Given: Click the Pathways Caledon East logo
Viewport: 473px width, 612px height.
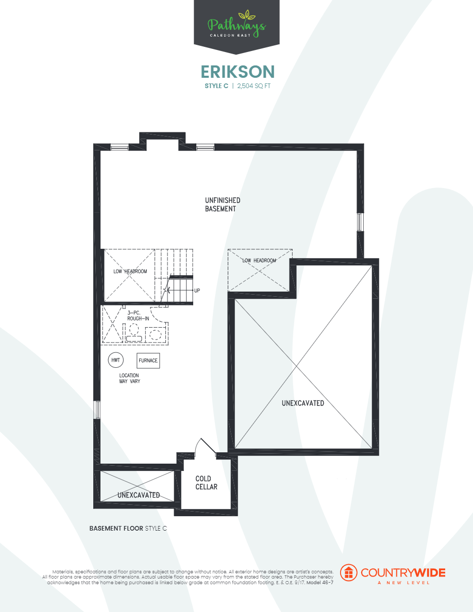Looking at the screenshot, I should [236, 25].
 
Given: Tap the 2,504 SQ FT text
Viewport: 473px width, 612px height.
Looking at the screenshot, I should [254, 86].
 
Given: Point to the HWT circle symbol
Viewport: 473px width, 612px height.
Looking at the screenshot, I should [115, 360].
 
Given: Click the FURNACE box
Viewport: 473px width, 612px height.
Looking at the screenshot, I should [148, 361].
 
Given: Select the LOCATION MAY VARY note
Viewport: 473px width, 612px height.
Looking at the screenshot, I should [129, 378].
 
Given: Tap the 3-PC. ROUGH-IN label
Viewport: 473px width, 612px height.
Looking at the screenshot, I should [138, 315].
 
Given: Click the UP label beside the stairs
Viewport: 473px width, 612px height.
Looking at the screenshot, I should [197, 291].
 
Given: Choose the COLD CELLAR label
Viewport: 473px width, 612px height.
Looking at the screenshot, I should [206, 483].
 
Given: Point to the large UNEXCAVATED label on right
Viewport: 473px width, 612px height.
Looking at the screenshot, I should [303, 403].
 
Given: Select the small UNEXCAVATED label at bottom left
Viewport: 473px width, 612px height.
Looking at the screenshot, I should [138, 495].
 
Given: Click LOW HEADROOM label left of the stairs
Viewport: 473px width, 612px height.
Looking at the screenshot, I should [130, 271].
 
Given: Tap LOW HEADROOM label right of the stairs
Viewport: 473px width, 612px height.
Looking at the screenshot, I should [259, 261].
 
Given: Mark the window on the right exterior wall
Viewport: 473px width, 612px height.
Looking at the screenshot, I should [361, 222].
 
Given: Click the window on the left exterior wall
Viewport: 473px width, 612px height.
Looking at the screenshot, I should [96, 410].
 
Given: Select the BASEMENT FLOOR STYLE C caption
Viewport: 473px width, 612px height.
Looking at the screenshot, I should [128, 529].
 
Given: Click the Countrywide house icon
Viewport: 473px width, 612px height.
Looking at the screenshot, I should [349, 572].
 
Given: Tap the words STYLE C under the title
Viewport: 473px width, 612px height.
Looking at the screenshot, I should [216, 86].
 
